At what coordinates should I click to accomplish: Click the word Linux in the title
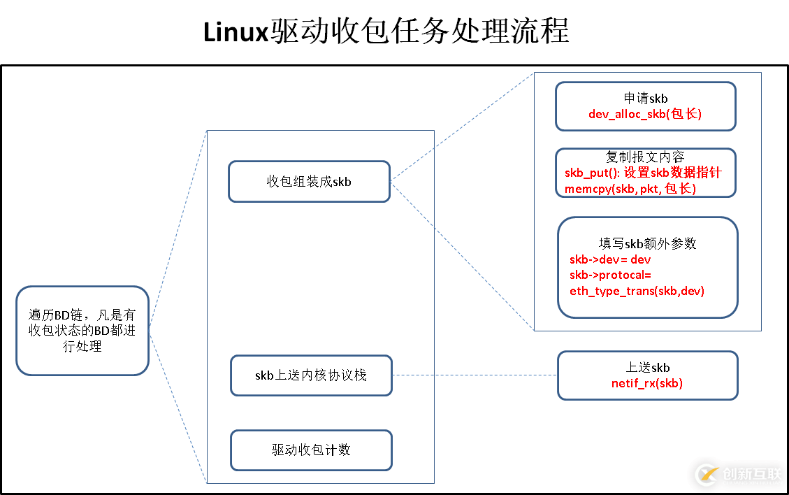[236, 32]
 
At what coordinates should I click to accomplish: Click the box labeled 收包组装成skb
[309, 182]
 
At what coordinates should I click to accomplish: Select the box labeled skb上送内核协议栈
[311, 375]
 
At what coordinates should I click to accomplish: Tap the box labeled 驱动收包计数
[311, 450]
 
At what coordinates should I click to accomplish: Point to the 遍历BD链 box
[82, 331]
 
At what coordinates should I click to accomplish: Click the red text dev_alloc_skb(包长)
[645, 114]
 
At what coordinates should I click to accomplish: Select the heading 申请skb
[645, 99]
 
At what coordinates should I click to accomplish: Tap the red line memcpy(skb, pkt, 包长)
[630, 189]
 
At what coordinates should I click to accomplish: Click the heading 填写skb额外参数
[647, 243]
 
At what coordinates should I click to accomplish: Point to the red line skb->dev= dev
[610, 259]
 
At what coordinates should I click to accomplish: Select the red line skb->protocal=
[610, 275]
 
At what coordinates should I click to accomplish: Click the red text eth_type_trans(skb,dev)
[637, 291]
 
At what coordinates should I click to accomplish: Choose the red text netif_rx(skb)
[647, 383]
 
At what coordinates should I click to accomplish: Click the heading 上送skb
[647, 368]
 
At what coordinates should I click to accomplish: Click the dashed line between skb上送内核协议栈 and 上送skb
[475, 375]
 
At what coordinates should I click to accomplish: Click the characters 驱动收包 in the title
[329, 32]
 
